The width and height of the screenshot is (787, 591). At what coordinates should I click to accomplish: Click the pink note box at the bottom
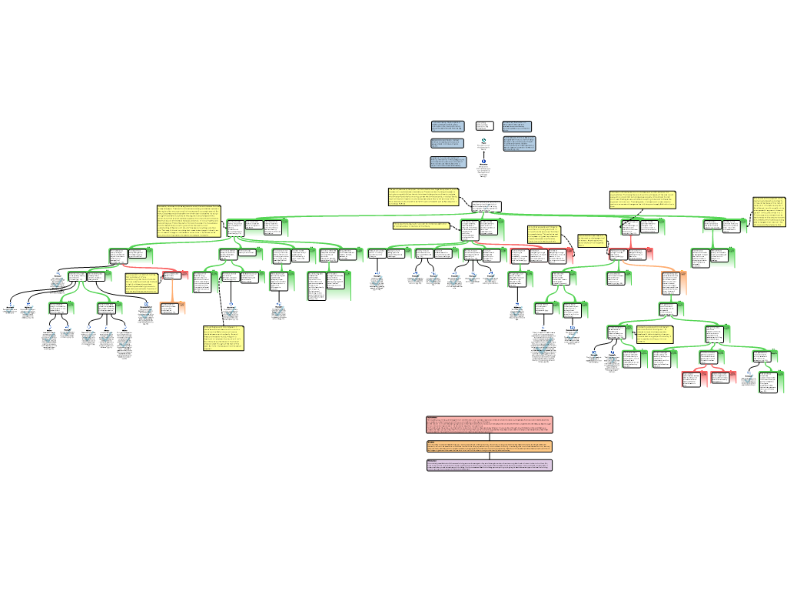click(490, 425)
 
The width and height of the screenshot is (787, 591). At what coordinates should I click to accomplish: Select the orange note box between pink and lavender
click(490, 446)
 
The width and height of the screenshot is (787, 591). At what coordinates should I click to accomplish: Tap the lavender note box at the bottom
click(490, 465)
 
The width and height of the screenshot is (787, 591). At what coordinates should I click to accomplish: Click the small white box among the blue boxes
click(484, 125)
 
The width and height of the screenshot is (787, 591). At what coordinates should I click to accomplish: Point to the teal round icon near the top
click(483, 140)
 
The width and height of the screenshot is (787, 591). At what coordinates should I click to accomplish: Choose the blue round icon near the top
click(483, 161)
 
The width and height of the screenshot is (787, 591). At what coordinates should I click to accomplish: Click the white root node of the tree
click(486, 206)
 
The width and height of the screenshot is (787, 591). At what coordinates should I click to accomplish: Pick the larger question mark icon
click(613, 360)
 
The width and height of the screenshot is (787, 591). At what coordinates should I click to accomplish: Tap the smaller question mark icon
click(595, 357)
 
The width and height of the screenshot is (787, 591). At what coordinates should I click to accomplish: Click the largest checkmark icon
click(543, 346)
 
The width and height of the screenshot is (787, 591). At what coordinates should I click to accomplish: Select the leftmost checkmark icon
click(10, 310)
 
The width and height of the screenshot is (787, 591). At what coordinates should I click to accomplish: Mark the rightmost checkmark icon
click(749, 378)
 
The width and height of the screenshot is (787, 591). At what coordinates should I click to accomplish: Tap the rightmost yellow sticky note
click(769, 212)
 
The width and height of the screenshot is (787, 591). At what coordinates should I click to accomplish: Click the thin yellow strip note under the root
click(421, 225)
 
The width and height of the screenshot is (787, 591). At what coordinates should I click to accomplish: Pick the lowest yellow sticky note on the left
click(223, 338)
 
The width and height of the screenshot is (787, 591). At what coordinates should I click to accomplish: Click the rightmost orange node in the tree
click(674, 283)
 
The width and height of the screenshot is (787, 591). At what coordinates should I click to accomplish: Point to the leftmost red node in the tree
click(175, 275)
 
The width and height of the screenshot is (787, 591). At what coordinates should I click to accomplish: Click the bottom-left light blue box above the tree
click(448, 162)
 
